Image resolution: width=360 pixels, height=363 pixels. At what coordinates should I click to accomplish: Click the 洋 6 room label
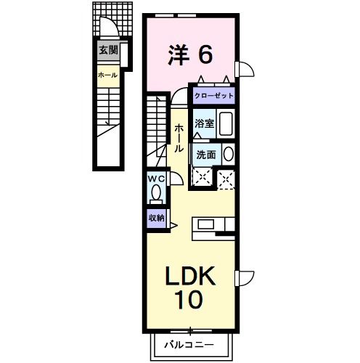(x=190, y=54)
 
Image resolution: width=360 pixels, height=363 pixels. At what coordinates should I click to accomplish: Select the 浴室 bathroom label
(x=204, y=124)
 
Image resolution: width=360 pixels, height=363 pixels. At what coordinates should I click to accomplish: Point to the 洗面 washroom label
(x=205, y=154)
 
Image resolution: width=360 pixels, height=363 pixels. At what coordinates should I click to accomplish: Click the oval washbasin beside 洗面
(x=228, y=154)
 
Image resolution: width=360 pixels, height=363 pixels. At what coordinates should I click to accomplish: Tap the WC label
(x=157, y=179)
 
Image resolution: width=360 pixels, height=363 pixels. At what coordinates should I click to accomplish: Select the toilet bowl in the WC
(x=157, y=194)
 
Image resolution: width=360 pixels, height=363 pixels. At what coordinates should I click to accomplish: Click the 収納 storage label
(x=157, y=218)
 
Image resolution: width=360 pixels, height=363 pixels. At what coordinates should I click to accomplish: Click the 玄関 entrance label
(x=109, y=51)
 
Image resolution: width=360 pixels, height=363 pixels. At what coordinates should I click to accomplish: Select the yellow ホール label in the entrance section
(x=108, y=74)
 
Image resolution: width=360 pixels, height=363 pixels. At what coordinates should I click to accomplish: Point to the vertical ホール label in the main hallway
(x=179, y=137)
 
